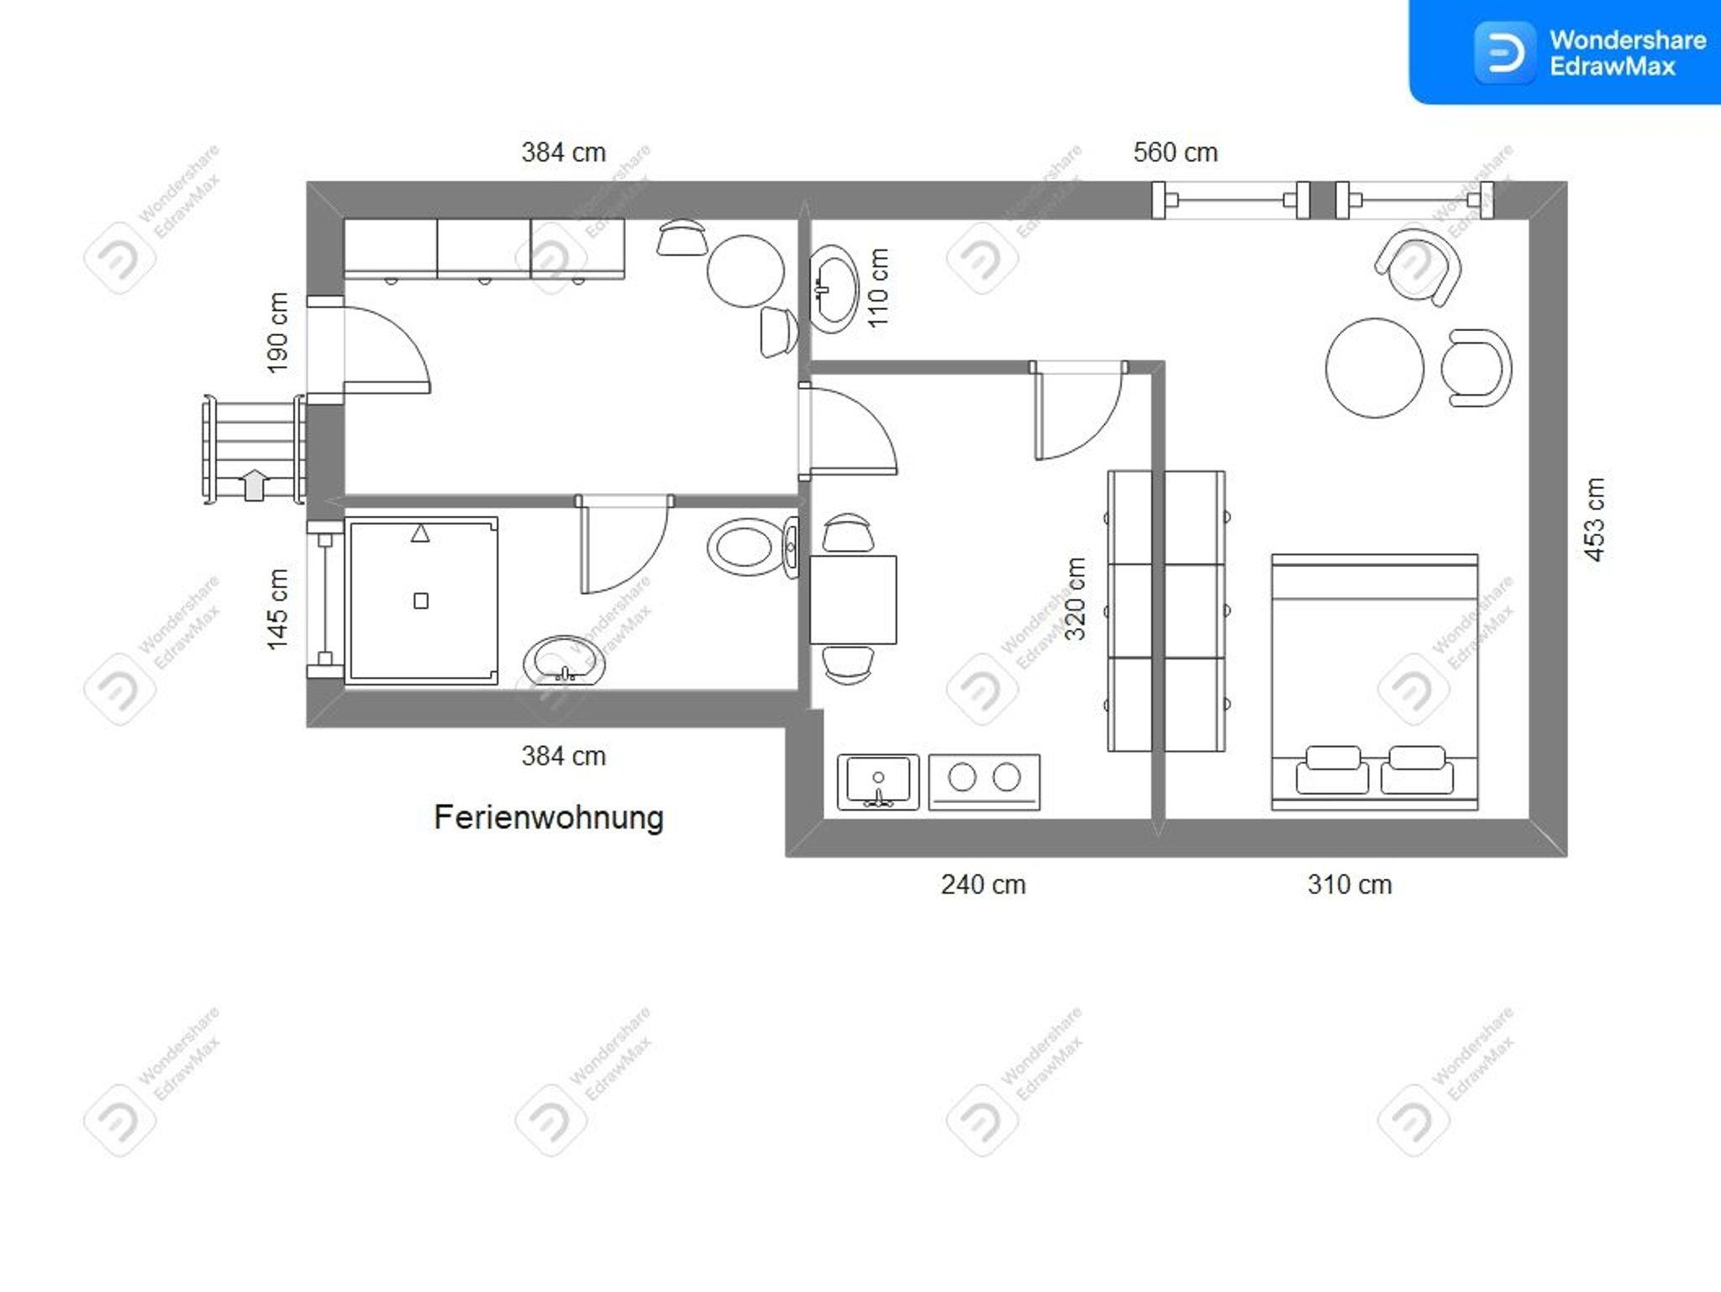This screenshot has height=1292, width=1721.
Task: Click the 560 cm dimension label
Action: [x=1175, y=153]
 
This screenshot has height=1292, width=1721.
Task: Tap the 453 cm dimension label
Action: [x=1594, y=519]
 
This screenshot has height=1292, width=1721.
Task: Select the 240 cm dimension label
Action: [x=983, y=885]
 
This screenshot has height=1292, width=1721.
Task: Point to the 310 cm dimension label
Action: [x=1350, y=885]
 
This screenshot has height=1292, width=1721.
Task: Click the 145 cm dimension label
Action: [x=277, y=609]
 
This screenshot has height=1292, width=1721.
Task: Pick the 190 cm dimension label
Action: [x=277, y=332]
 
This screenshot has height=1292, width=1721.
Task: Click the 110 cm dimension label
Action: [x=877, y=288]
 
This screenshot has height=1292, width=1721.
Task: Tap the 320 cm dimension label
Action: [x=1076, y=599]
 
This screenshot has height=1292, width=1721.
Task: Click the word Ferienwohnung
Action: [x=549, y=817]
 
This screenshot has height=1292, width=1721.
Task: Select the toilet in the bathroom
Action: [x=753, y=547]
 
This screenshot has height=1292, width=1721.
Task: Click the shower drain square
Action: [x=421, y=601]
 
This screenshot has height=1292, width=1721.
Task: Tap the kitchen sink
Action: [x=878, y=782]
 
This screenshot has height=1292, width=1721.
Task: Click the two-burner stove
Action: [x=984, y=782]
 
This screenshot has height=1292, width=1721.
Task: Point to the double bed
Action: [x=1375, y=682]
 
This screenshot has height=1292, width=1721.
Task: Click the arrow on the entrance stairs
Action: [x=254, y=485]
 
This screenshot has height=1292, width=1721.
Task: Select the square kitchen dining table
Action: [x=853, y=600]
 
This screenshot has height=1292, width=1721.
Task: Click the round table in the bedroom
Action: [x=1375, y=368]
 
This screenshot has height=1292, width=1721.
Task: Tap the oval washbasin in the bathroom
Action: [x=564, y=660]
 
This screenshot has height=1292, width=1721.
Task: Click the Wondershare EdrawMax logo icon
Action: [x=1504, y=53]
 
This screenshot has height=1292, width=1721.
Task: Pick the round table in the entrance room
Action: [x=745, y=271]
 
